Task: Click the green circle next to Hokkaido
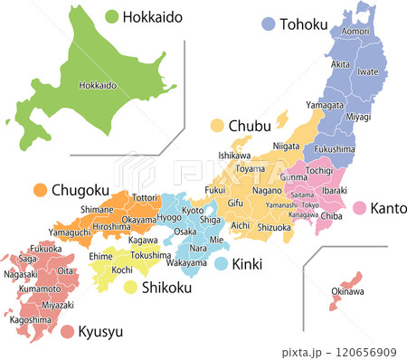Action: coord(112,16)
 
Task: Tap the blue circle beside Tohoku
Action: coord(268,24)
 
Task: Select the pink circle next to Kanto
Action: coord(359,208)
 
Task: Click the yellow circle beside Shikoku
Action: coord(131,288)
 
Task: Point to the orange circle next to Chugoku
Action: coord(40,190)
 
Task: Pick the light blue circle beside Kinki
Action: coord(222,264)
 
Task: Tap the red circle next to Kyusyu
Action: coord(67,332)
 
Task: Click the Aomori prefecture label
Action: coord(355,32)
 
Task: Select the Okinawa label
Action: coord(347,291)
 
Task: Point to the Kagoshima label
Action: coord(30,319)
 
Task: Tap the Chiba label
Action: coord(332,216)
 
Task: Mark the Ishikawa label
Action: coord(234,156)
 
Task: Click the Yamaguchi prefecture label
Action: coord(70,232)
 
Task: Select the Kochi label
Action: coord(123,270)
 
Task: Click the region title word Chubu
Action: coord(248,125)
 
